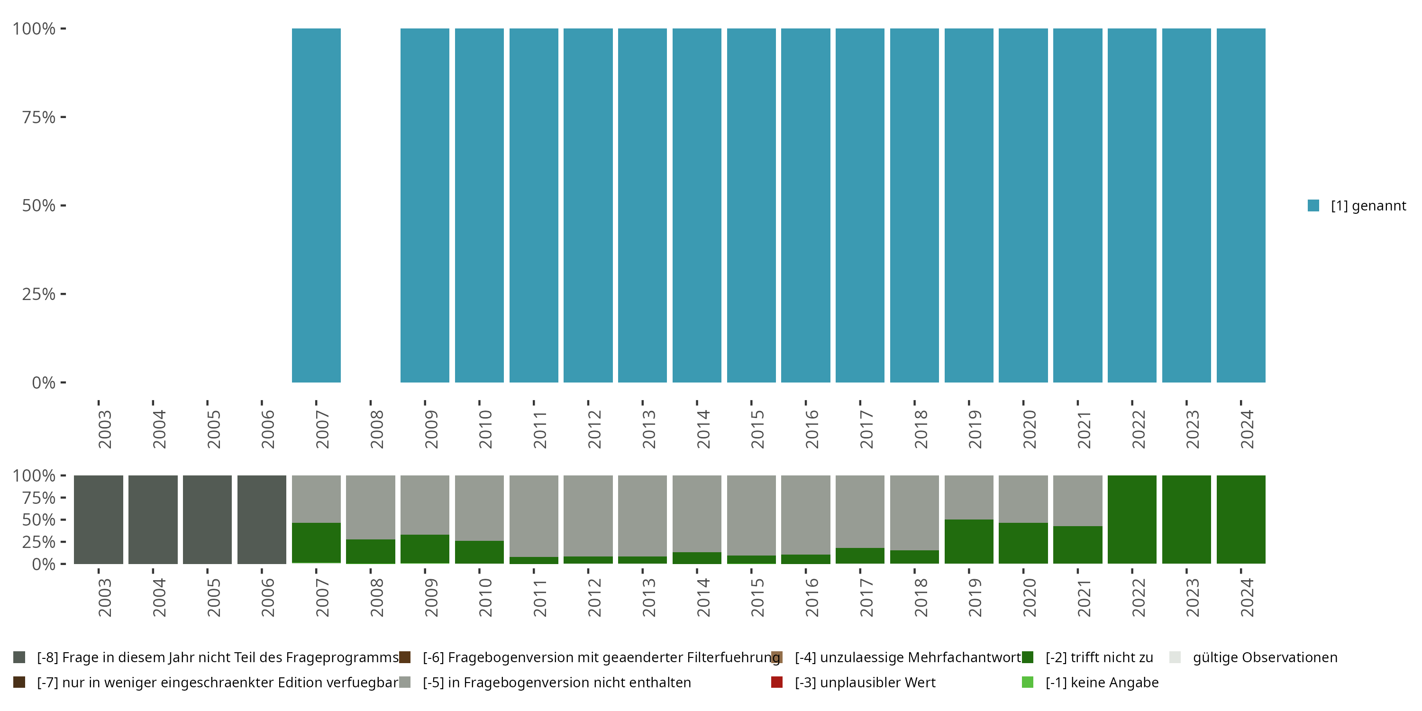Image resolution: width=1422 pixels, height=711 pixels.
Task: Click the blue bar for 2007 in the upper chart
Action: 316,205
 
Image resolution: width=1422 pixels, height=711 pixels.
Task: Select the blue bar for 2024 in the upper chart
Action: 1240,205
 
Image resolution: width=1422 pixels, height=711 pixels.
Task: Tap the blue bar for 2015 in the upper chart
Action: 751,205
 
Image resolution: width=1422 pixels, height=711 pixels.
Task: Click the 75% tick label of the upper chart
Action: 39,117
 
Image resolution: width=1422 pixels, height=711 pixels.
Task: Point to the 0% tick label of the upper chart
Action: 43,383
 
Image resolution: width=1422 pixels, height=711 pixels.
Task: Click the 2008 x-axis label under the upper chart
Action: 376,429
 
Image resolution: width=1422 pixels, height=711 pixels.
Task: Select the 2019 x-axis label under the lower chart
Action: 975,598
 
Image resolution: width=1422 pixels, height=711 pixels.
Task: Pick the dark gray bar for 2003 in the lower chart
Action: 98,520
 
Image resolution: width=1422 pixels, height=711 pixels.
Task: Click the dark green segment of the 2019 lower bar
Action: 969,541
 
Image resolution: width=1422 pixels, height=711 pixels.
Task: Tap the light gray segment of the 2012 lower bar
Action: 588,515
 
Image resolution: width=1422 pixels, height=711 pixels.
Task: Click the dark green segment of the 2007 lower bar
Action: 316,543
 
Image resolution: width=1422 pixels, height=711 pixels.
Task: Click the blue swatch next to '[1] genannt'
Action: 1313,205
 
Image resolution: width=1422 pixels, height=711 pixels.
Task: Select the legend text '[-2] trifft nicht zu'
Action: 1099,657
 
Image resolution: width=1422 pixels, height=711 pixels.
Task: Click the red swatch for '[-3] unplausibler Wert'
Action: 777,682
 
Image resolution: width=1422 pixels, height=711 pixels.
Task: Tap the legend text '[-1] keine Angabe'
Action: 1102,682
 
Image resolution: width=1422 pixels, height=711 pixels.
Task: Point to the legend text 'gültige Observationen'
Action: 1265,657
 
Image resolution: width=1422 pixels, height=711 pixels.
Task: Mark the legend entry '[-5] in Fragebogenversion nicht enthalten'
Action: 556,682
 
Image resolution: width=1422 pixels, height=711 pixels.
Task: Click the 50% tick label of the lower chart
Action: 39,520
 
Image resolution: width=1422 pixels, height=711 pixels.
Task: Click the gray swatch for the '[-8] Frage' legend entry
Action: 19,657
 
